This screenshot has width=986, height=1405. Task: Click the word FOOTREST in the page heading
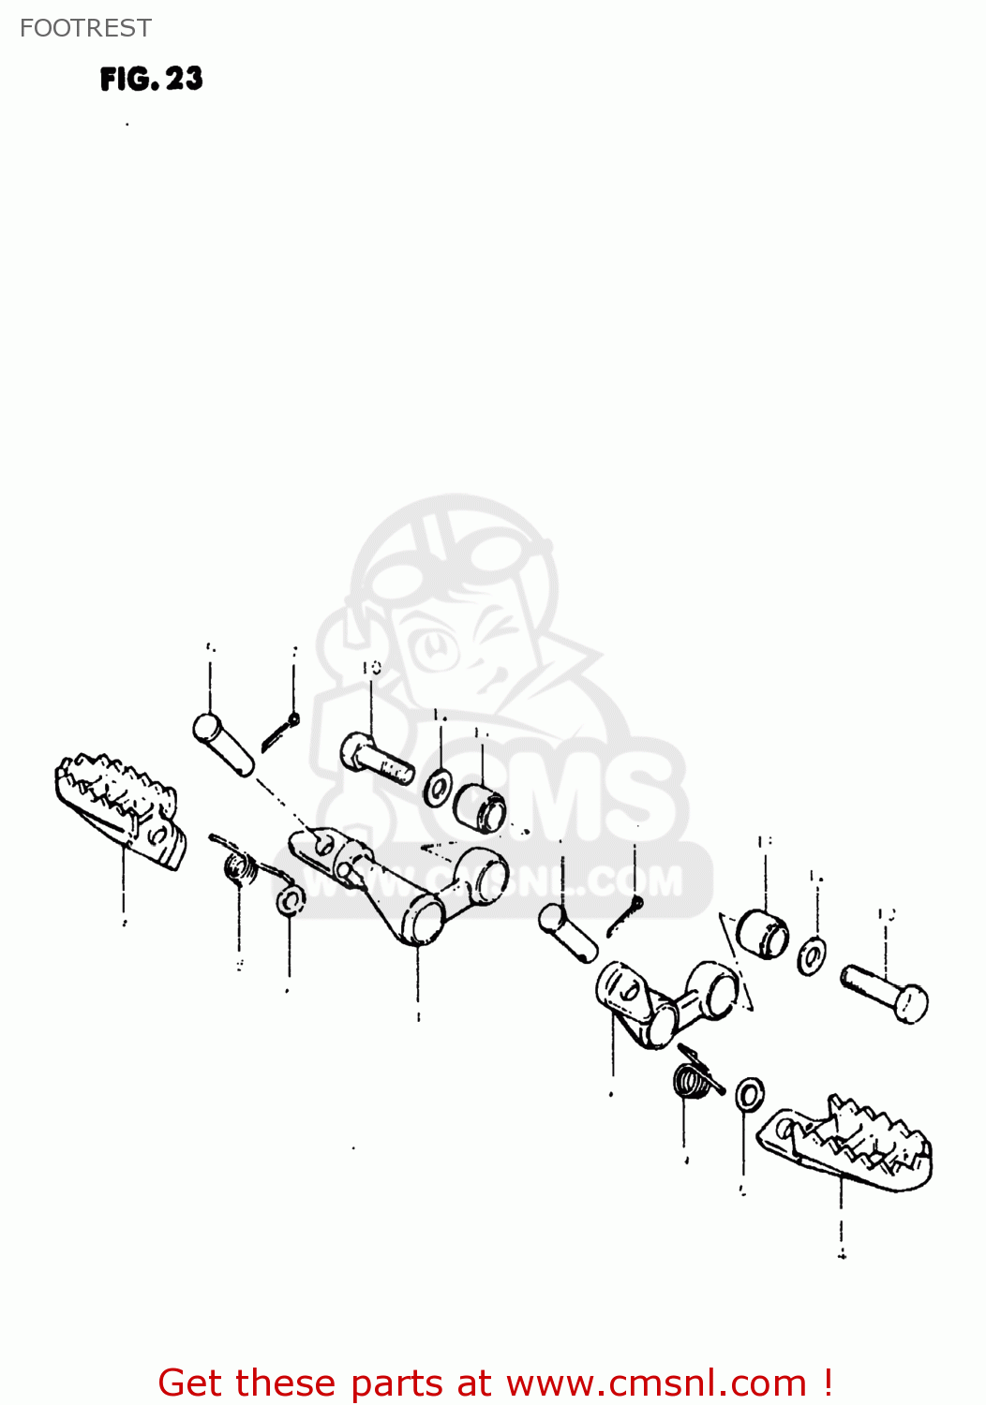pyautogui.click(x=85, y=28)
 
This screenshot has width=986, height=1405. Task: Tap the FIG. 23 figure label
pyautogui.click(x=152, y=79)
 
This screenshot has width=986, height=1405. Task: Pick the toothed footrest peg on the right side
pyautogui.click(x=849, y=1143)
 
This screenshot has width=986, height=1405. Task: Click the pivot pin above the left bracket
pyautogui.click(x=223, y=745)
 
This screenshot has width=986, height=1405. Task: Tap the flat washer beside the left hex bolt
pyautogui.click(x=438, y=789)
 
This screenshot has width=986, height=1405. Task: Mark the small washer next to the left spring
pyautogui.click(x=291, y=902)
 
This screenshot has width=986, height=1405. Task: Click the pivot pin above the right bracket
pyautogui.click(x=568, y=931)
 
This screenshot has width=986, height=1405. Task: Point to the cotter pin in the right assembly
pyautogui.click(x=624, y=917)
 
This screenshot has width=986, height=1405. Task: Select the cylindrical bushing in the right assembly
pyautogui.click(x=762, y=933)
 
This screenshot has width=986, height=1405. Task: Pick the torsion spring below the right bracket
pyautogui.click(x=695, y=1078)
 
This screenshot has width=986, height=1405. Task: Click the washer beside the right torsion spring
pyautogui.click(x=750, y=1094)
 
